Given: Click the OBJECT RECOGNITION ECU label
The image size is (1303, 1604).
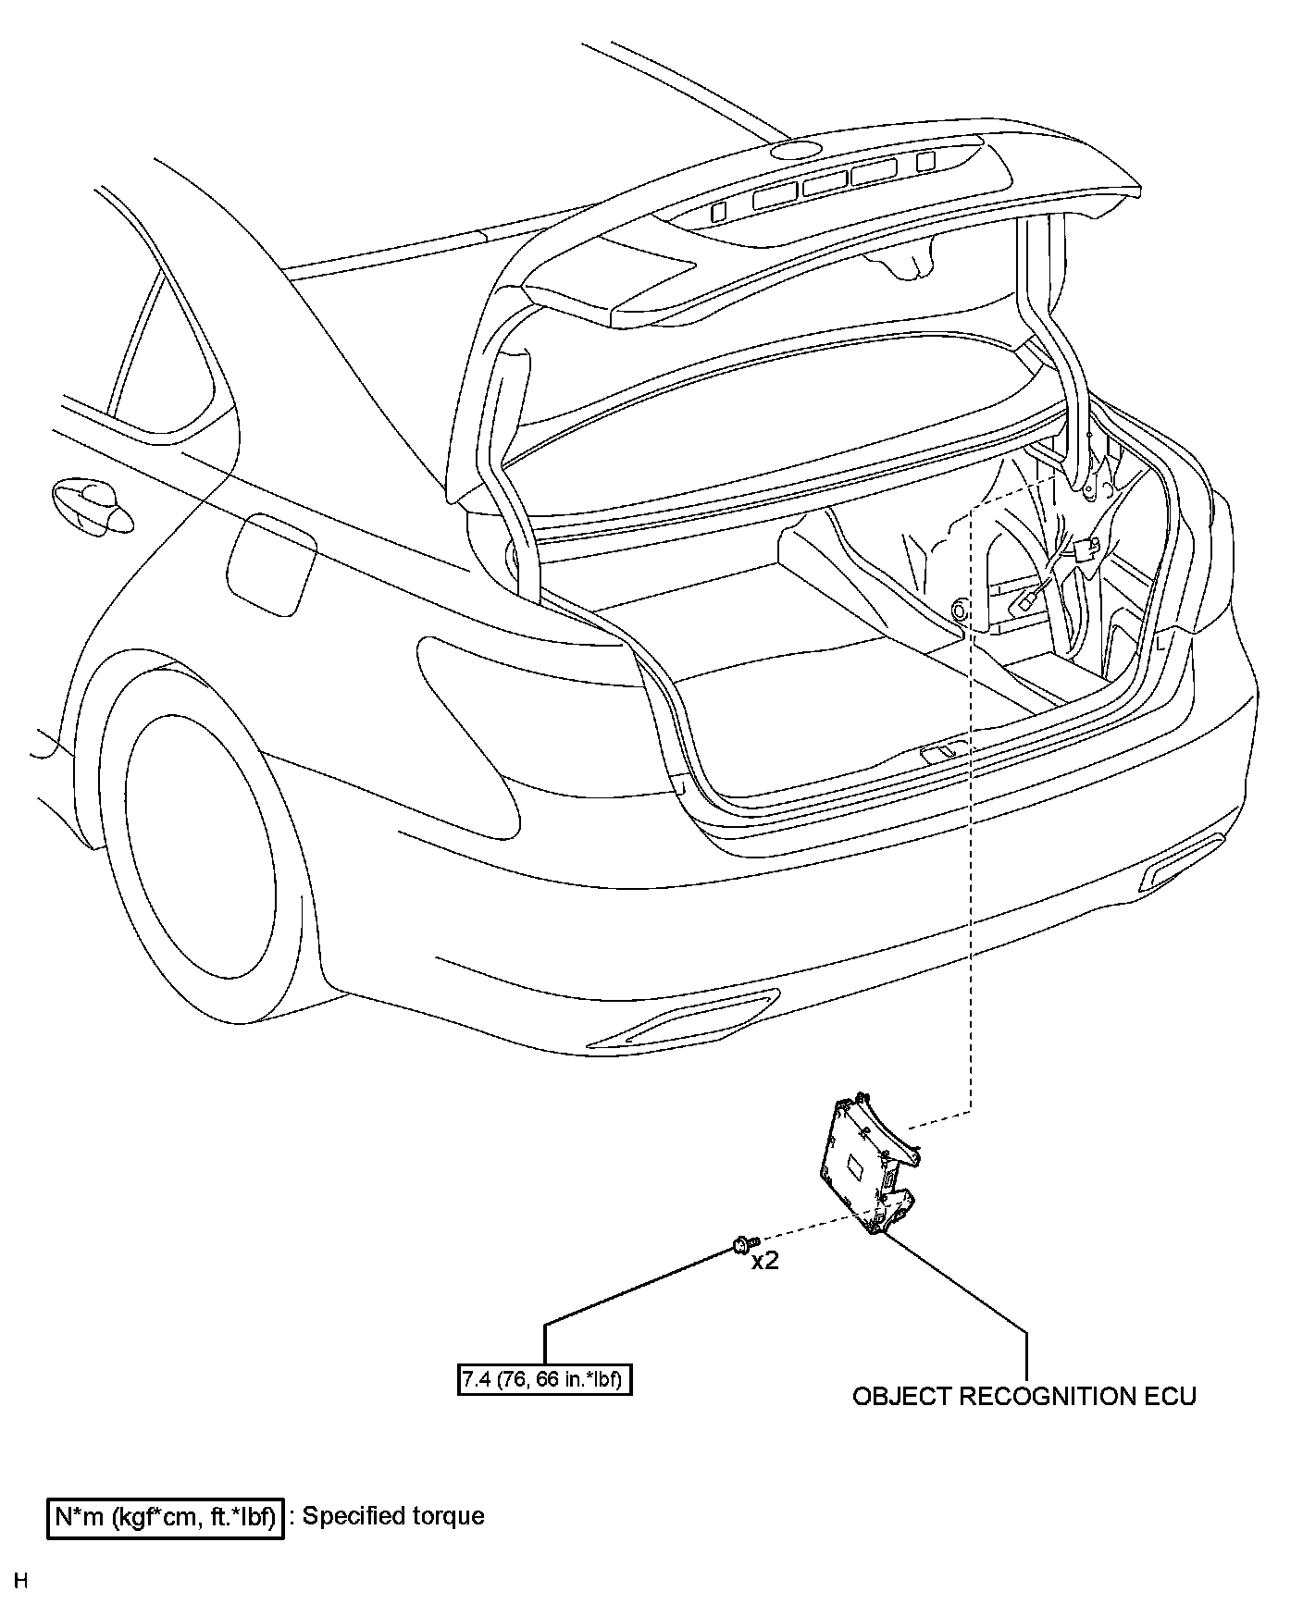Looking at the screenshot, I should pos(1024,1396).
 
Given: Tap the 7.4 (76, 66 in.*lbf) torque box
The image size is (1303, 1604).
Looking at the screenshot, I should pos(544,1380).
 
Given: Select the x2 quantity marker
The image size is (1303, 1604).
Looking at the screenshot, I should pos(764,1261).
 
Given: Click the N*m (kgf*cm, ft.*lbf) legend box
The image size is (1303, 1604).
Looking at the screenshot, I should pos(166,1517).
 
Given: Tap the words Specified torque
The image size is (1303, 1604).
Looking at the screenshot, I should pos(393,1516).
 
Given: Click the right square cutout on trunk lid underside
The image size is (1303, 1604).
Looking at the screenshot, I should pos(925,161).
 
